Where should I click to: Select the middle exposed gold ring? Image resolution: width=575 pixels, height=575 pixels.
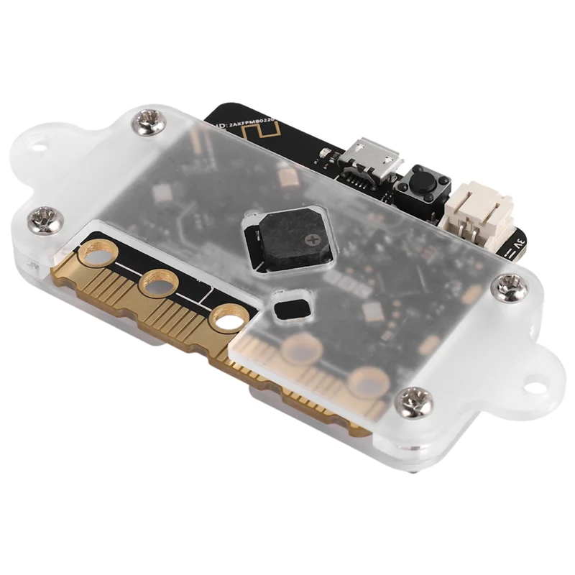point(159,283)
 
